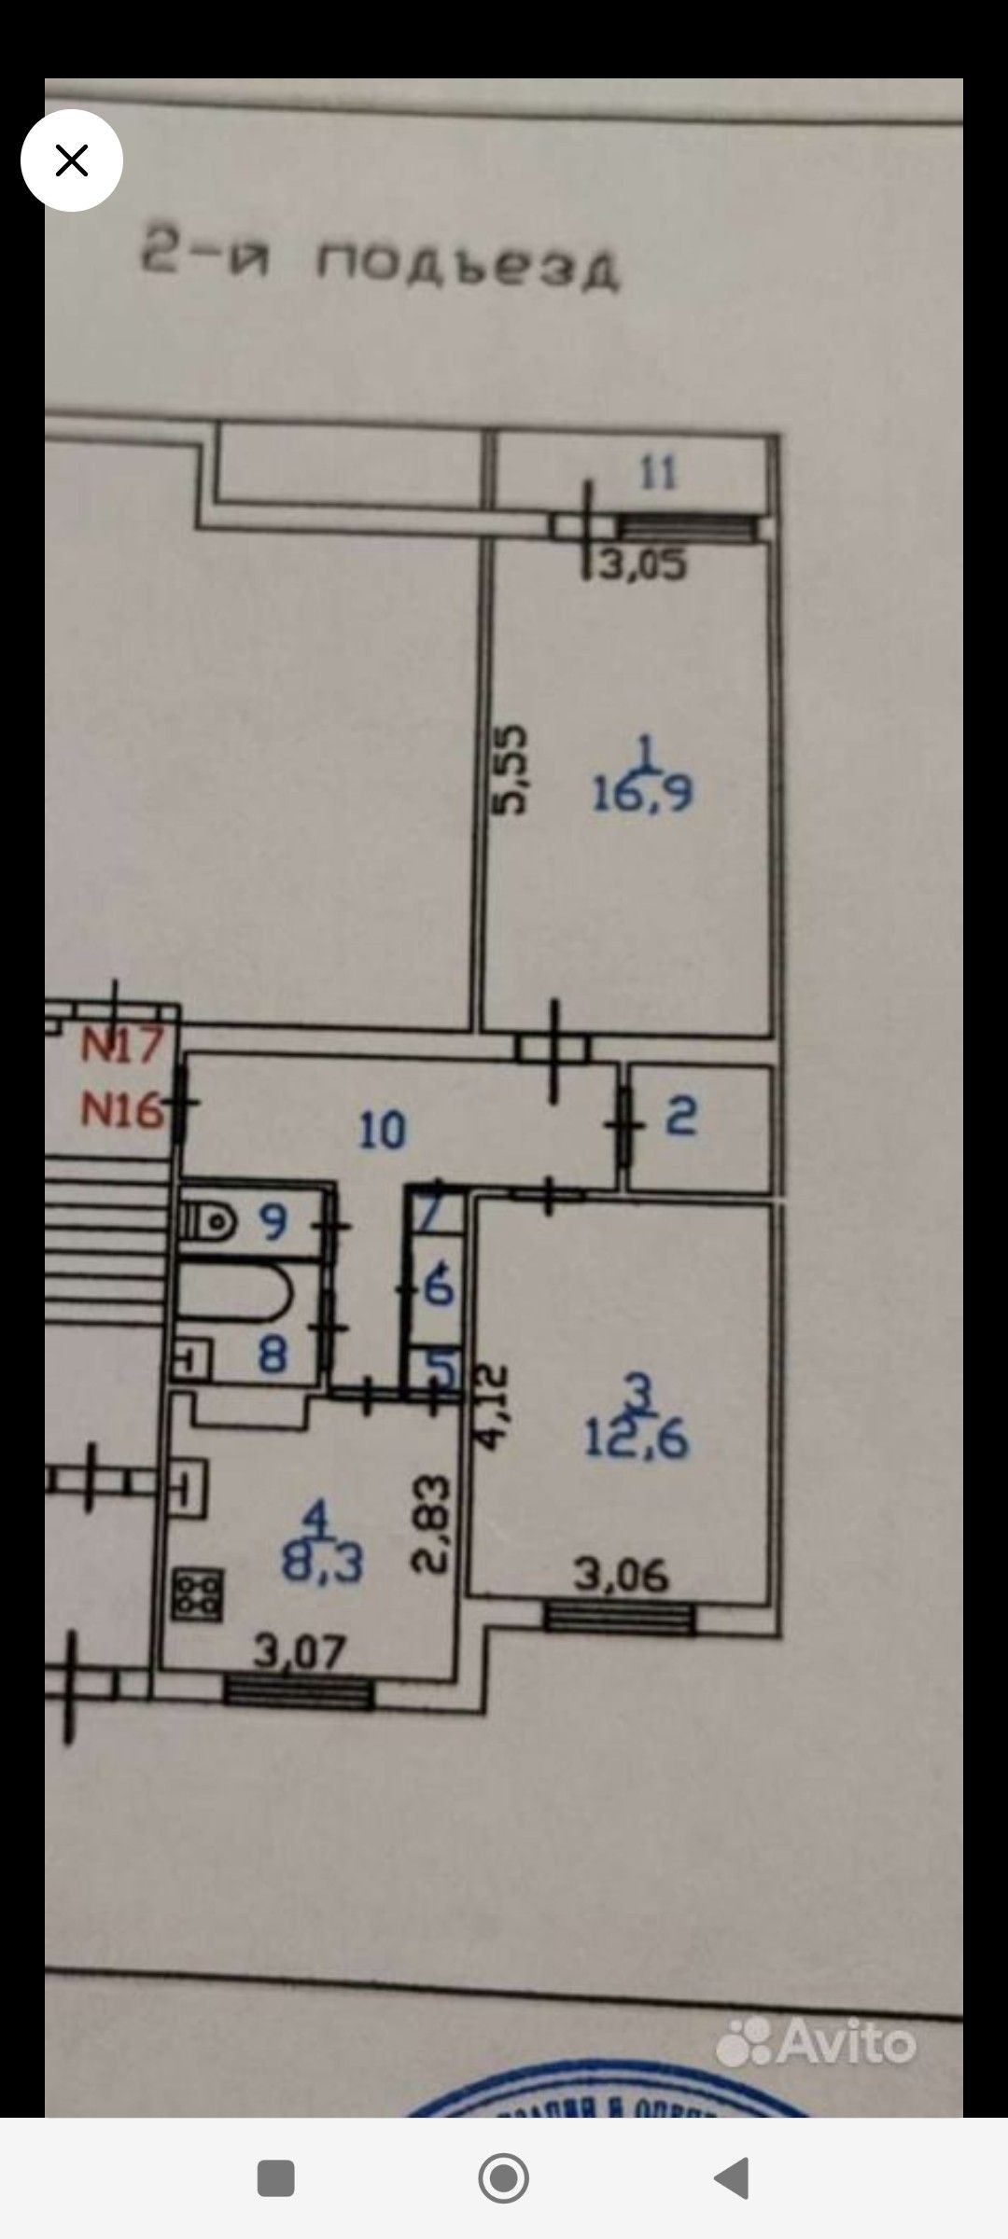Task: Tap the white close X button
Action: click(72, 160)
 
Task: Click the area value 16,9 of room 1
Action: click(642, 794)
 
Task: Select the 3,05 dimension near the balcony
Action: click(644, 565)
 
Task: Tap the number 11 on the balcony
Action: click(658, 473)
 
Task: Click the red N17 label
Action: click(122, 1045)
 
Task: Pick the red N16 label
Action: click(122, 1110)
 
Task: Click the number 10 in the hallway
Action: click(383, 1131)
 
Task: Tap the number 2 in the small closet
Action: click(681, 1117)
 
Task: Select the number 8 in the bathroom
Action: click(272, 1353)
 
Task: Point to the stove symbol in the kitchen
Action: click(197, 1594)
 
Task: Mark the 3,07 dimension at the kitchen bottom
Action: click(300, 1653)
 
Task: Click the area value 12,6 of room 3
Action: click(637, 1439)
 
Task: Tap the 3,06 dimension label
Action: click(621, 1576)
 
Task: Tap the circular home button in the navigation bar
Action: click(503, 2178)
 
